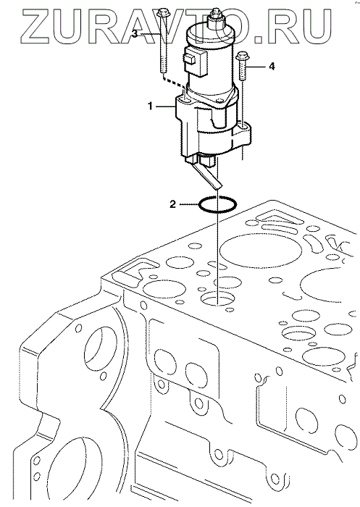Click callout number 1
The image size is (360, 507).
(x=151, y=106)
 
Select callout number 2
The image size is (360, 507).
(x=173, y=204)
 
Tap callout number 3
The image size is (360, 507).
(x=135, y=33)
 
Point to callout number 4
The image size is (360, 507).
(x=272, y=67)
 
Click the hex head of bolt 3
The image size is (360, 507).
(x=162, y=14)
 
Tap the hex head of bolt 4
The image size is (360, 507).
(x=242, y=56)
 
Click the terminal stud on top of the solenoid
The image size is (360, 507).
(x=214, y=17)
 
